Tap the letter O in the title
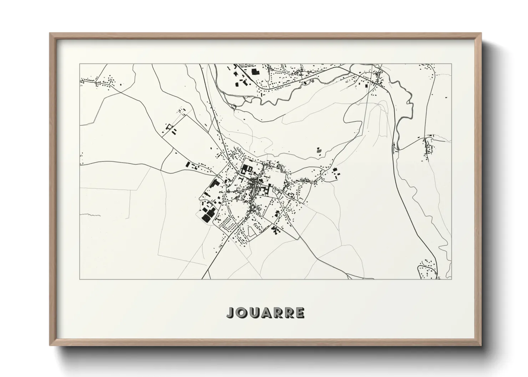(x=242, y=313)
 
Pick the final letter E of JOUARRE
(x=300, y=313)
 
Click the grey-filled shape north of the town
(x=319, y=150)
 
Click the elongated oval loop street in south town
(x=252, y=233)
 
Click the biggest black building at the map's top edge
(x=255, y=72)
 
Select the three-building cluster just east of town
(x=336, y=173)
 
